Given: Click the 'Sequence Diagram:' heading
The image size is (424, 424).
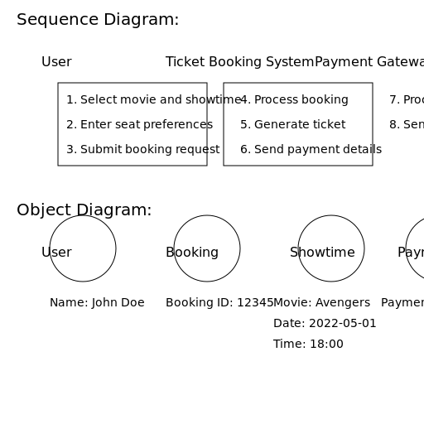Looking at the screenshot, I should click(x=98, y=20).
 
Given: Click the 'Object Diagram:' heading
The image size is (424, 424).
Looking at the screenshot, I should click(x=84, y=210).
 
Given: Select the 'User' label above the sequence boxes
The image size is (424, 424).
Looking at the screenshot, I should click(x=56, y=62).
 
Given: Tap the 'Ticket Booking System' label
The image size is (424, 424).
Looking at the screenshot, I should click(x=239, y=62).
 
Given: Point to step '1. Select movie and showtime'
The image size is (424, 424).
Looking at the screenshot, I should click(x=153, y=100).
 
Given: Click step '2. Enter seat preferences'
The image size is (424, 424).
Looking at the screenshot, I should click(x=139, y=125).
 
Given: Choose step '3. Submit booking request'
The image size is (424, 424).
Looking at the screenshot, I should click(x=142, y=150).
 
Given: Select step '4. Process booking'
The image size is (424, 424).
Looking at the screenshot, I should click(x=294, y=100).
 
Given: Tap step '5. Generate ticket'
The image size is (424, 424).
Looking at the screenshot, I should click(x=292, y=125).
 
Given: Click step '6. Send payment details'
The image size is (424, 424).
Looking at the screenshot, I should click(x=311, y=150).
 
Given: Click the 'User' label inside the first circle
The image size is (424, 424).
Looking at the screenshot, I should click(x=56, y=253).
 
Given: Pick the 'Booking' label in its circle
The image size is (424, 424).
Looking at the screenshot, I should click(x=192, y=253).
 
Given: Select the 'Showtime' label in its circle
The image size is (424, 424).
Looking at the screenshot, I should click(x=322, y=253).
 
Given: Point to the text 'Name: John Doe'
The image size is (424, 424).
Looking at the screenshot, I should click(x=97, y=303).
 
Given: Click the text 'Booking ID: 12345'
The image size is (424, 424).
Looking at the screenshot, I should click(x=219, y=303).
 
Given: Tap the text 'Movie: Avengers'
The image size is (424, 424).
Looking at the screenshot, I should click(x=321, y=303).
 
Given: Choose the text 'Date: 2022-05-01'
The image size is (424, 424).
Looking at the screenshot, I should click(x=325, y=324).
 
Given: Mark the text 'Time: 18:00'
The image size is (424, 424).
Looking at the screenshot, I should click(x=308, y=344).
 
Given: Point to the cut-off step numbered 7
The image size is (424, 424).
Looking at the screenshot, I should click(x=407, y=100).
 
